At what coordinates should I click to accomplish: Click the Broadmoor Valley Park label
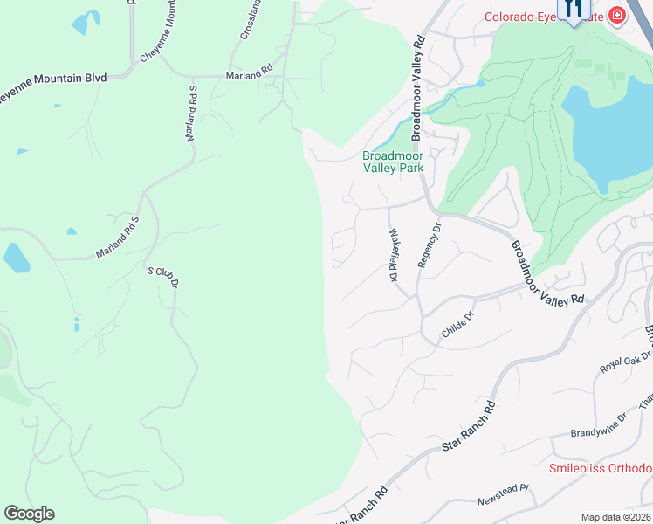click(x=393, y=162)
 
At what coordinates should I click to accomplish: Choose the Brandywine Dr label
click(x=599, y=430)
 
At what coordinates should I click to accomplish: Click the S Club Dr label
click(x=162, y=277)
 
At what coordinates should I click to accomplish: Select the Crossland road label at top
click(x=251, y=20)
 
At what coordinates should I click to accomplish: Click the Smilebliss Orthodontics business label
click(x=601, y=468)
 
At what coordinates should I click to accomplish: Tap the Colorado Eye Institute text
click(x=542, y=16)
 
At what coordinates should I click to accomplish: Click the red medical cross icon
click(x=617, y=15)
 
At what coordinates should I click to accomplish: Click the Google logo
click(x=29, y=514)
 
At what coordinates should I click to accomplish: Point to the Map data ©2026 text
click(x=615, y=517)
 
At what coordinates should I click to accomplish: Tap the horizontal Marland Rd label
click(x=250, y=76)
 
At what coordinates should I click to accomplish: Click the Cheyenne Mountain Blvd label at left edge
click(x=52, y=78)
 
